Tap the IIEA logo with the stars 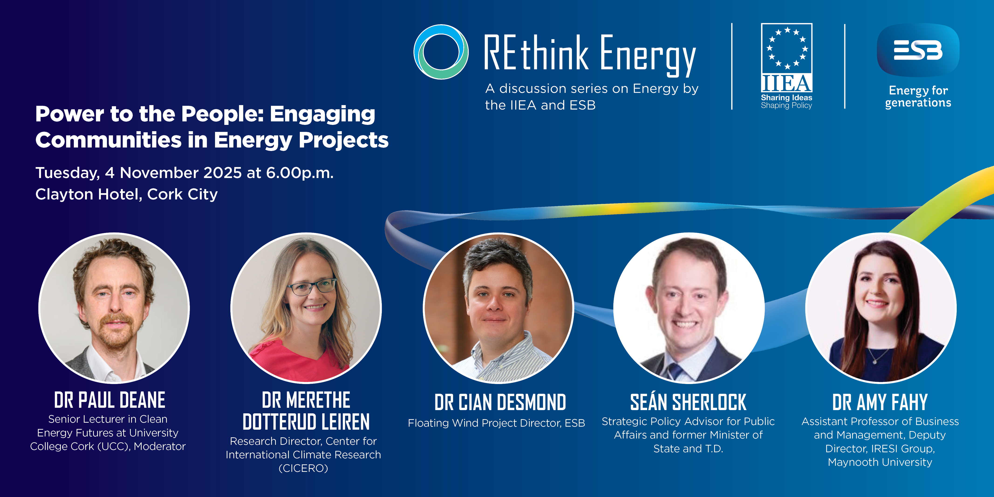point(786,58)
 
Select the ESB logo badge point(918,50)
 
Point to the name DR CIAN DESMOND point(500,402)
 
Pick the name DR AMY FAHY point(880,402)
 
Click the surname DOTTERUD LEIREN point(306,422)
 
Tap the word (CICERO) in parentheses point(303,468)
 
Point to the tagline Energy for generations point(918,96)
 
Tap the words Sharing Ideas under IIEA point(786,98)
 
